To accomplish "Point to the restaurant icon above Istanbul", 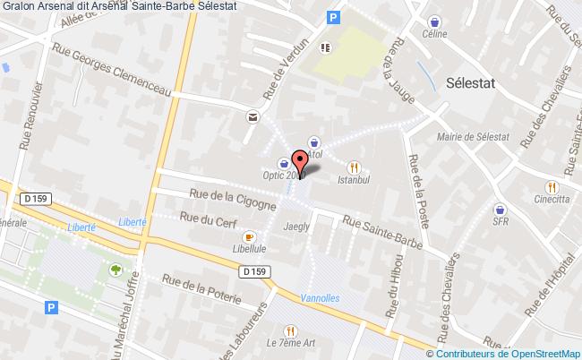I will [x=355, y=167].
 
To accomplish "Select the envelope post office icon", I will [x=252, y=116].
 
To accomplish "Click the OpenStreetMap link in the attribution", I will [x=540, y=352].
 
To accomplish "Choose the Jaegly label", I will [x=296, y=227].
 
